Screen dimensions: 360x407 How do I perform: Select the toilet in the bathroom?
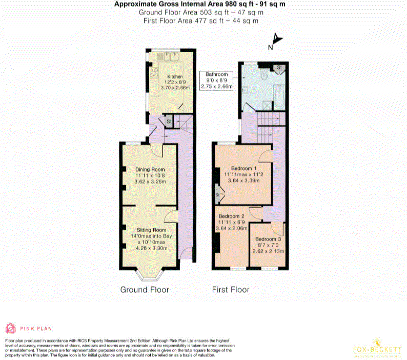pos(264,76)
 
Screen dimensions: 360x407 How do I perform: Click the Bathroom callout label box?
pos(217,81)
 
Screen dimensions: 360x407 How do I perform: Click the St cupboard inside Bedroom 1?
pos(217,195)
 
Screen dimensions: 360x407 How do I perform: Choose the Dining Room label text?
pos(150,170)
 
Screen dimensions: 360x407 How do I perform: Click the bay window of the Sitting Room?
pos(150,276)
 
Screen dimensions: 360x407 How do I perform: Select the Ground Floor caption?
pos(145,290)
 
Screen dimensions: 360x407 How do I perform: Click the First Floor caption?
pos(231,290)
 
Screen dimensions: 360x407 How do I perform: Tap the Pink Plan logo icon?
pos(10,328)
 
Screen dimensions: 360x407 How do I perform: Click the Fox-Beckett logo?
pos(377,348)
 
